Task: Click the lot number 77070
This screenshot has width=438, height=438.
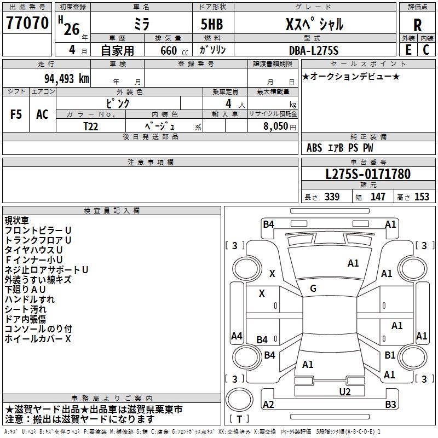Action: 27,23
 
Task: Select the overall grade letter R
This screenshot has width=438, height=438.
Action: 417,25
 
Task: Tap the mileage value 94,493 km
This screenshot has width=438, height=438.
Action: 67,79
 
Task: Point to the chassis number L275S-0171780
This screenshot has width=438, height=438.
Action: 368,174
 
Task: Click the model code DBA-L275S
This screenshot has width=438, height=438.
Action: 314,50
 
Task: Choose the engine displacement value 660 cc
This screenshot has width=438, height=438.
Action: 174,51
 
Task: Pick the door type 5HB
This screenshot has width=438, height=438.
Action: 212,24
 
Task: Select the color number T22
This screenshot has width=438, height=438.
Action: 91,126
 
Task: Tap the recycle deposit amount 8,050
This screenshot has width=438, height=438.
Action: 275,126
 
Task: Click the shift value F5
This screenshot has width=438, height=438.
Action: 16,114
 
